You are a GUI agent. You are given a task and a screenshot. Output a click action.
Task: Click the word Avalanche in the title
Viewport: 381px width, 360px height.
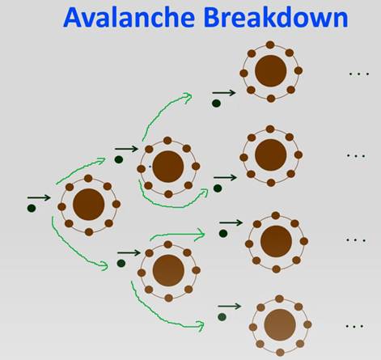click(129, 17)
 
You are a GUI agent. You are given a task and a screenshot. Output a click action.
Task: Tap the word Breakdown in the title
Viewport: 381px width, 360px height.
click(276, 17)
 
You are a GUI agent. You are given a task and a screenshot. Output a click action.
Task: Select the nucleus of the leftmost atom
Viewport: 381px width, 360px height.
click(89, 205)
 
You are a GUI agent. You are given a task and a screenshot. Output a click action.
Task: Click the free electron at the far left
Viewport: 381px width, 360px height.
click(32, 208)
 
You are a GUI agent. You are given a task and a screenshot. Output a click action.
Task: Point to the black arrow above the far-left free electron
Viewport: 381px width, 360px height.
click(39, 197)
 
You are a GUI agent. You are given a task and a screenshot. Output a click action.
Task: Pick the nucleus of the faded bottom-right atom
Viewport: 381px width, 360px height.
click(280, 325)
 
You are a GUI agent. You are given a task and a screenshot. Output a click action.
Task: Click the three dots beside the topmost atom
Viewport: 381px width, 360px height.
click(359, 74)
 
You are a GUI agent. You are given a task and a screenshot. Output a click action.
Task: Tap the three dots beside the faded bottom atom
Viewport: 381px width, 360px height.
click(354, 326)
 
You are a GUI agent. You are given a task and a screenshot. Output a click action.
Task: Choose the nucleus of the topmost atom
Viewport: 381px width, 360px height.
click(271, 71)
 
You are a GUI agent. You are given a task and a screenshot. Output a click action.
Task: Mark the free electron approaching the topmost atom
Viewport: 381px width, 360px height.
click(216, 104)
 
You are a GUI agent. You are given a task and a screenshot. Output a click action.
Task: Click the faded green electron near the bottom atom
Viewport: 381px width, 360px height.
click(222, 317)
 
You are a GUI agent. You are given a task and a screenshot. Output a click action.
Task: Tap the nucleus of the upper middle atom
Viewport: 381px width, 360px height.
click(168, 167)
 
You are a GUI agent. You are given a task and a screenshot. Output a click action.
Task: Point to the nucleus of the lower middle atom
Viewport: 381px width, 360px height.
click(168, 270)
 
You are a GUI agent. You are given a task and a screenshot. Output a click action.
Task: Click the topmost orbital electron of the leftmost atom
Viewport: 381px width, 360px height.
click(88, 178)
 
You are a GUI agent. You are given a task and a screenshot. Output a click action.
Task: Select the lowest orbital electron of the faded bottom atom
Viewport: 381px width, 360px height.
click(280, 352)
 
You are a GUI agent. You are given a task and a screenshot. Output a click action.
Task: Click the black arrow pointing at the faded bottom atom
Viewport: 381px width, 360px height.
click(230, 307)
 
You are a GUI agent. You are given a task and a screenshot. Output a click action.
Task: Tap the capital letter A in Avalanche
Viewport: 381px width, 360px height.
click(74, 18)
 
